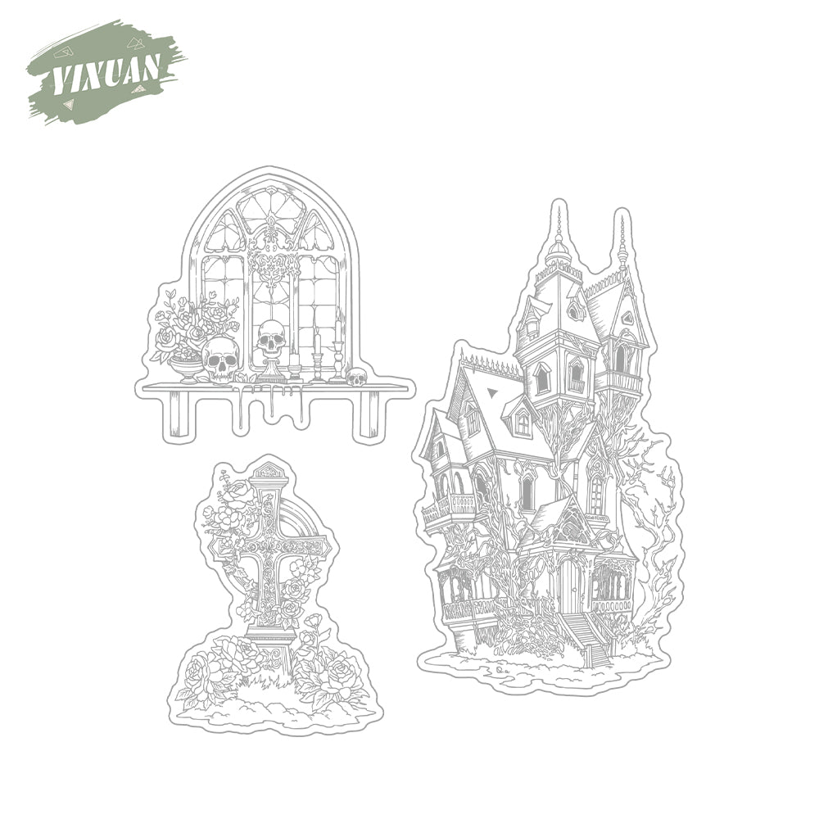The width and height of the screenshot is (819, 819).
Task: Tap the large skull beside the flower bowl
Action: click(220, 360)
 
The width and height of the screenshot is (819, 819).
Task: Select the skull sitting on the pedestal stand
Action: click(272, 339)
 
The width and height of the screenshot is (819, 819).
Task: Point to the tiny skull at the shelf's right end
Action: click(357, 377)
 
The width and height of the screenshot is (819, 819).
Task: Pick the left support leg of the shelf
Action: click(178, 413)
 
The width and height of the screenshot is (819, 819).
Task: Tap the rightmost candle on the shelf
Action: click(337, 345)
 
